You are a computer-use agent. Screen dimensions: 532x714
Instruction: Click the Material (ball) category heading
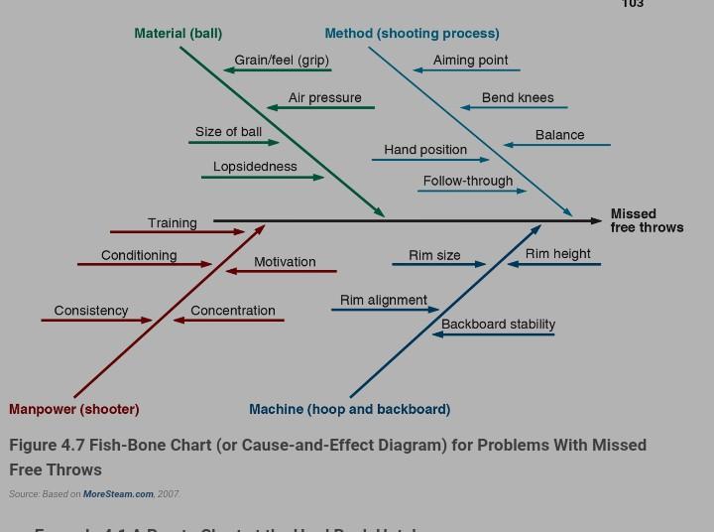178,34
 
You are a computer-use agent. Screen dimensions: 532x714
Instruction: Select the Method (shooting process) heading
412,34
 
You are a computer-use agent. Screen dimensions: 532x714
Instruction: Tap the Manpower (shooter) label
74,409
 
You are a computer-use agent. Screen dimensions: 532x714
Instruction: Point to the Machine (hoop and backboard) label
349,409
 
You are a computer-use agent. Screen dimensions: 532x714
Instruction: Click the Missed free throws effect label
647,220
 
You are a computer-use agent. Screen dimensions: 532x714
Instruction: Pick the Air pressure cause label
324,97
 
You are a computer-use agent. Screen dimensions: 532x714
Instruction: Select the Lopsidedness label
255,167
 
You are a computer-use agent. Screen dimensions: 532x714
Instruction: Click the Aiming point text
470,60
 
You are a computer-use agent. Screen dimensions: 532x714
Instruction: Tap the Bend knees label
518,97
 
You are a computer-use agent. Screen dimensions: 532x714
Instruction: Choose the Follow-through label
468,181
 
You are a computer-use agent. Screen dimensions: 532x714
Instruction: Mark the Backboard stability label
498,324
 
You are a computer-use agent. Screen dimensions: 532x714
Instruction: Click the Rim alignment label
383,300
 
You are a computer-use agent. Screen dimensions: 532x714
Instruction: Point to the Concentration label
233,311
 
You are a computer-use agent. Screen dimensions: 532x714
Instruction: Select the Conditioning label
139,255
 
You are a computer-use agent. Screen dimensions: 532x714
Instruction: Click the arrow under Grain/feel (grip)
278,70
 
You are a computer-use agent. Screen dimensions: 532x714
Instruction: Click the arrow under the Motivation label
282,271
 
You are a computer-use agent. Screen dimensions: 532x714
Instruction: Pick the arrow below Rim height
554,264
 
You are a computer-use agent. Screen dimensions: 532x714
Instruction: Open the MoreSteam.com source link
118,493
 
